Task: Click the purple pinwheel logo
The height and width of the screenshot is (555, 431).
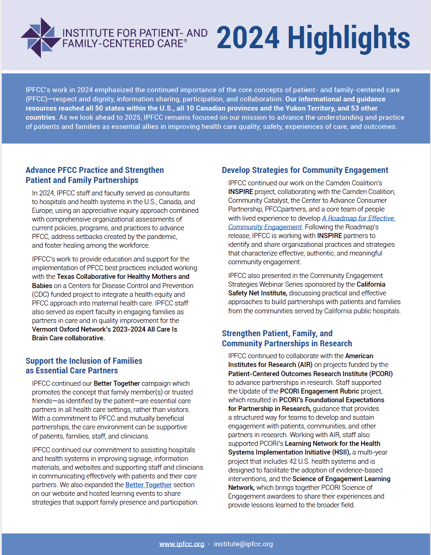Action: click(x=40, y=38)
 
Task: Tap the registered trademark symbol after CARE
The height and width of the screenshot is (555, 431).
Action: click(x=185, y=41)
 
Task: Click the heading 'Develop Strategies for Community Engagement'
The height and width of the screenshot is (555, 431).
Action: click(x=305, y=170)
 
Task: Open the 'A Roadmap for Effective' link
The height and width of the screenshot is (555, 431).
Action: click(x=358, y=218)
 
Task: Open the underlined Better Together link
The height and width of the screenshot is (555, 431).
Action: click(x=149, y=485)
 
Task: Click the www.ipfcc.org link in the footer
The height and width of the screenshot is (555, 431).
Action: click(x=182, y=544)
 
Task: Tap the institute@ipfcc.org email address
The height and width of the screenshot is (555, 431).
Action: click(x=243, y=544)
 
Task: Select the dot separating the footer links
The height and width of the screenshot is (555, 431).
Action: click(x=209, y=544)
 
